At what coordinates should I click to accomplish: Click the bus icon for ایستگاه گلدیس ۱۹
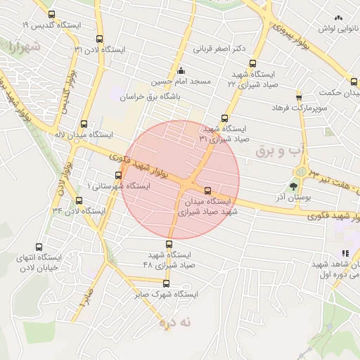pyautogui.click(x=51, y=14)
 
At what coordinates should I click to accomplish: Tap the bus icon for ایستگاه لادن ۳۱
pyautogui.click(x=99, y=39)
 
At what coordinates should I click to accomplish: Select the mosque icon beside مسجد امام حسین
pyautogui.click(x=182, y=70)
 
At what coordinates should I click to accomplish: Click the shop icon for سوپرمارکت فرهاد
pyautogui.click(x=299, y=96)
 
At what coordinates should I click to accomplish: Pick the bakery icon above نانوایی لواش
pyautogui.click(x=338, y=18)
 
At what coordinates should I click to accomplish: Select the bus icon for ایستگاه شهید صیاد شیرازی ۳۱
pyautogui.click(x=224, y=118)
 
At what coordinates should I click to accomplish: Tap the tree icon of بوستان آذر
pyautogui.click(x=293, y=187)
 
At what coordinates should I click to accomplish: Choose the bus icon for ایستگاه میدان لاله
pyautogui.click(x=84, y=123)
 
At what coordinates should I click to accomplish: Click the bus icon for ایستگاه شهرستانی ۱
pyautogui.click(x=118, y=175)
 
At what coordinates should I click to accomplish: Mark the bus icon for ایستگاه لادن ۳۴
pyautogui.click(x=79, y=200)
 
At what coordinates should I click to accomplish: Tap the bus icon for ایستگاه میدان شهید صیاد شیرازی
pyautogui.click(x=207, y=191)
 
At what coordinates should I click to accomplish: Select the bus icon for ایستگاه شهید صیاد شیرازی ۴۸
pyautogui.click(x=168, y=244)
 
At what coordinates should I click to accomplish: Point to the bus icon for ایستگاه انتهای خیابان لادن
pyautogui.click(x=39, y=247)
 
